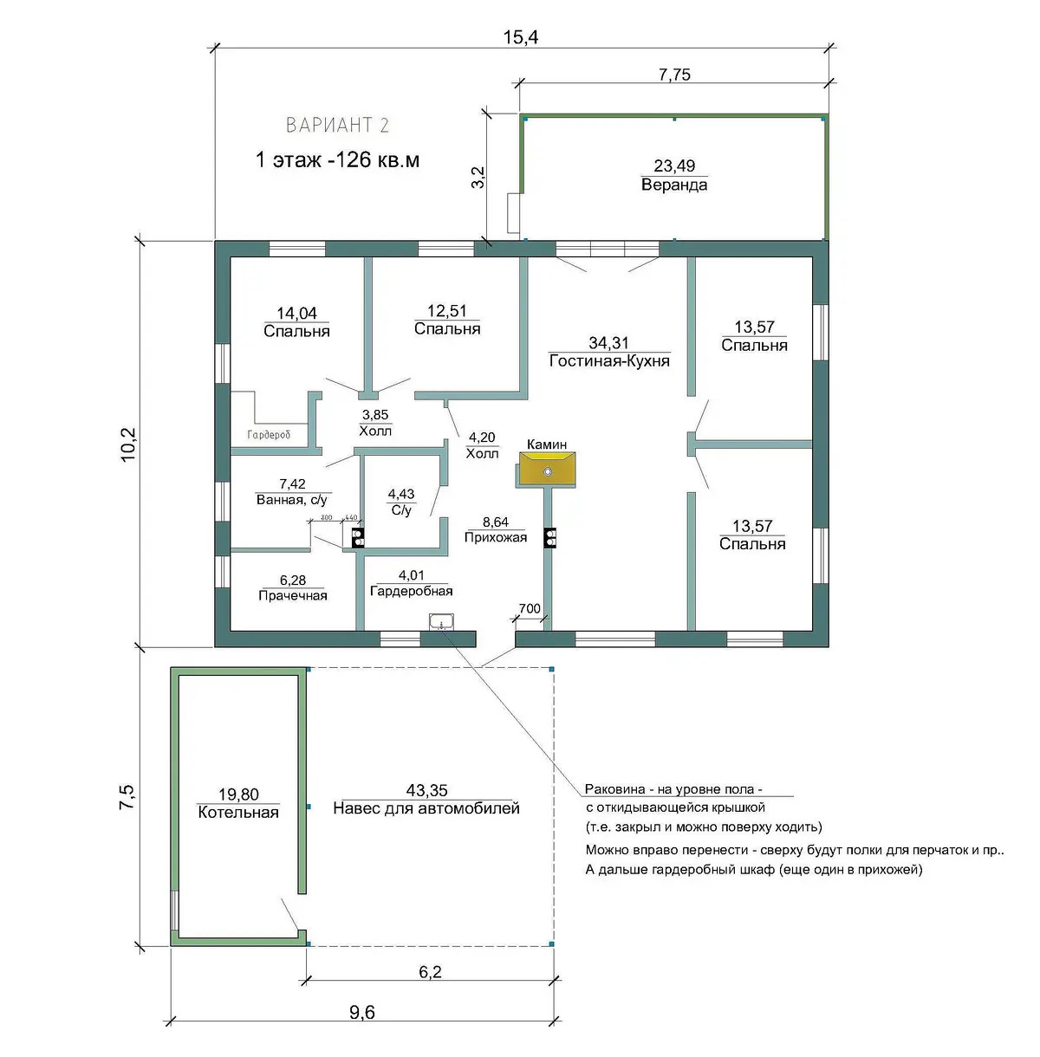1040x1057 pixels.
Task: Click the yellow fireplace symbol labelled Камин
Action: click(x=547, y=469)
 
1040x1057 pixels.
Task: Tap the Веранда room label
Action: click(x=674, y=185)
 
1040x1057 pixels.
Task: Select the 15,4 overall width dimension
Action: click(x=521, y=37)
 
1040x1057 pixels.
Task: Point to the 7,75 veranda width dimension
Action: click(x=674, y=75)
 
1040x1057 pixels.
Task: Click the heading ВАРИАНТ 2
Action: click(x=337, y=125)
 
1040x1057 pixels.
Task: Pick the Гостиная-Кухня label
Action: click(x=609, y=361)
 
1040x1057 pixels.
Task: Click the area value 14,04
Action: click(x=296, y=314)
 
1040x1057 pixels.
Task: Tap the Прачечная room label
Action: click(x=293, y=596)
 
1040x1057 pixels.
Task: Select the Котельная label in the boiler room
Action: click(x=238, y=813)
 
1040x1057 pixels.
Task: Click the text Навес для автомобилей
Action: click(x=426, y=808)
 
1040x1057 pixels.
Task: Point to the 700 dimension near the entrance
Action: click(x=530, y=608)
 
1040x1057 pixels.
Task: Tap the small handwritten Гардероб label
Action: click(x=269, y=435)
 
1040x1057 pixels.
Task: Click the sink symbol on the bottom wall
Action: click(x=441, y=621)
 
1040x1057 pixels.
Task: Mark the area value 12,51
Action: click(x=446, y=311)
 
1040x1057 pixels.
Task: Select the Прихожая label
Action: click(x=496, y=537)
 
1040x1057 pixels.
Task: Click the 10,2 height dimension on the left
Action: click(x=128, y=444)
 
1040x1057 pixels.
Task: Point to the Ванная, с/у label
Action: click(x=292, y=500)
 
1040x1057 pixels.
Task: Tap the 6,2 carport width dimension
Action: click(x=430, y=972)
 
